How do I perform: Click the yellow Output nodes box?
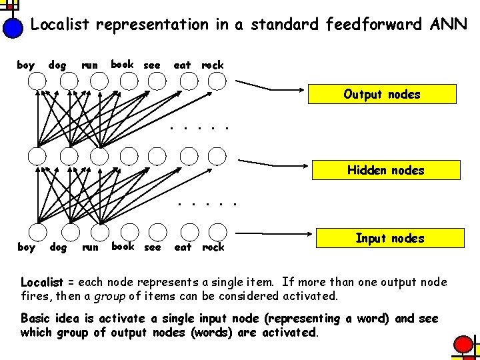click(381, 94)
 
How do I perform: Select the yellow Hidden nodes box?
click(385, 170)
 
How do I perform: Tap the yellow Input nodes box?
click(389, 238)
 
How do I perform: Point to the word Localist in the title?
click(61, 25)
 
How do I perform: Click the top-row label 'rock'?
click(213, 65)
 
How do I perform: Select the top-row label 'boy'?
click(25, 65)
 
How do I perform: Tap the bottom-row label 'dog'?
click(58, 247)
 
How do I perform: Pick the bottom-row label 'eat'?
click(182, 247)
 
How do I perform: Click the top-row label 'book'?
click(122, 65)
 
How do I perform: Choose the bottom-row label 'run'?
click(89, 247)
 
